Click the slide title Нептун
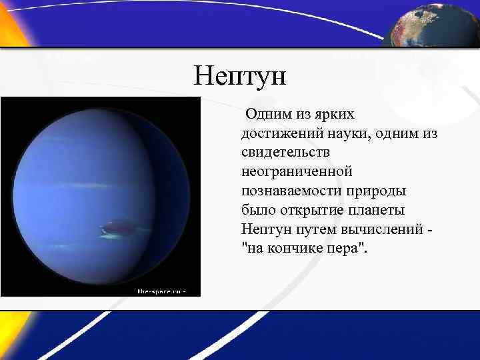pyautogui.click(x=239, y=76)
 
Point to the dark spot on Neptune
pyautogui.click(x=119, y=227)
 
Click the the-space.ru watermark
pyautogui.click(x=160, y=291)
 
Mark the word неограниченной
pyautogui.click(x=296, y=171)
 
